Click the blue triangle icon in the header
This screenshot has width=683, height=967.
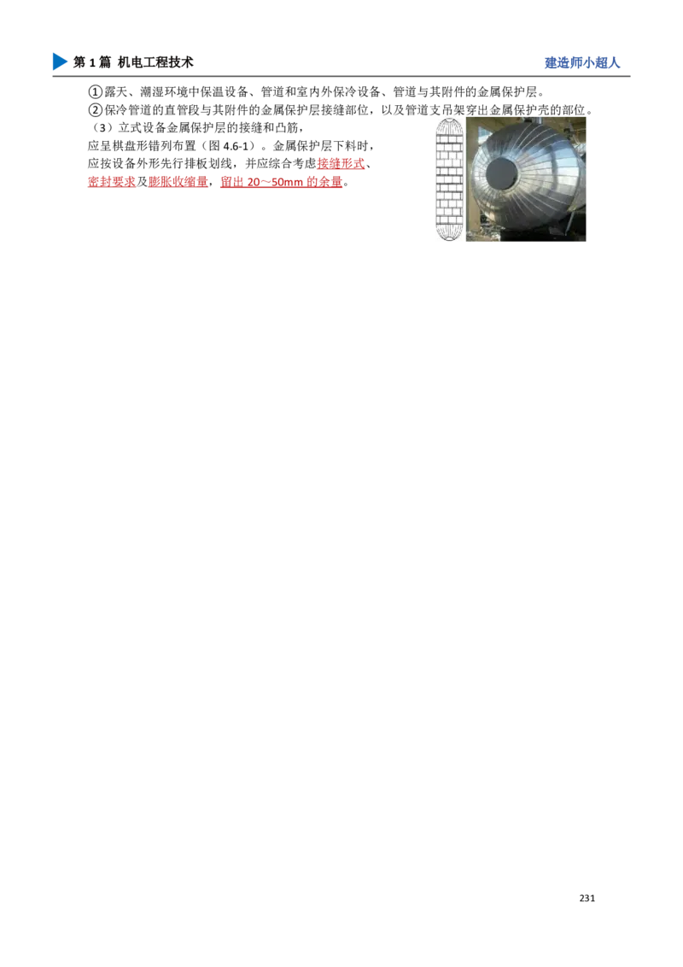(58, 62)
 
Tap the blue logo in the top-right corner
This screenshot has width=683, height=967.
(582, 63)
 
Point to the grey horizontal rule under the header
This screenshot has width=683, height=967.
(341, 79)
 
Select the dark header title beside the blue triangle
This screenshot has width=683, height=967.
(137, 62)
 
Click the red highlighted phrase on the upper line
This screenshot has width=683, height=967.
(341, 164)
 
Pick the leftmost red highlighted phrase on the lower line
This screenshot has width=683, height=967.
(111, 182)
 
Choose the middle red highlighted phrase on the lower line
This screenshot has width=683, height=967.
(178, 182)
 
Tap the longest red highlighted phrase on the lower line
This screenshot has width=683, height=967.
(281, 182)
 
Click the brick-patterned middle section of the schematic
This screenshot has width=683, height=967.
(447, 179)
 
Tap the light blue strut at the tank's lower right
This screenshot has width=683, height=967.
(574, 224)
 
